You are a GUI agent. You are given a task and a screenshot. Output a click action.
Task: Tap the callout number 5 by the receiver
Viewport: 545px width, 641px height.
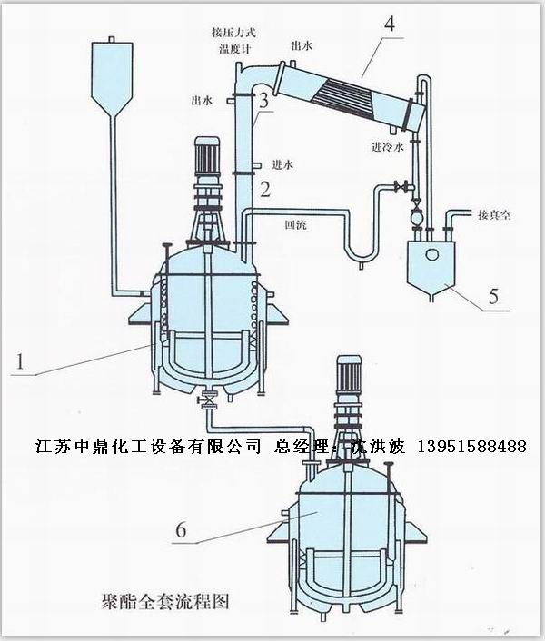[x=494, y=296]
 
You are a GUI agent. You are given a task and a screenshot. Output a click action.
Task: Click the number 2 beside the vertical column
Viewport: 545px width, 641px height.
[x=265, y=190]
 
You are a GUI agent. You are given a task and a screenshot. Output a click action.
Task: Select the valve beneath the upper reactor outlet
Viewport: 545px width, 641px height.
[x=208, y=399]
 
